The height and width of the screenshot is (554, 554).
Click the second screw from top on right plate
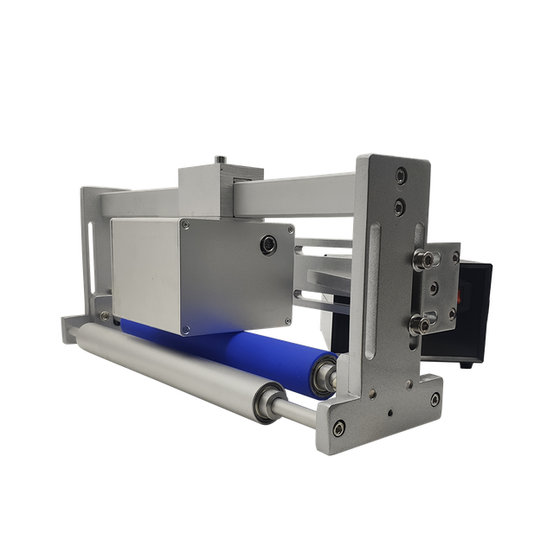398,206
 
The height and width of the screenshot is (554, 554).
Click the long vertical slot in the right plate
372,294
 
